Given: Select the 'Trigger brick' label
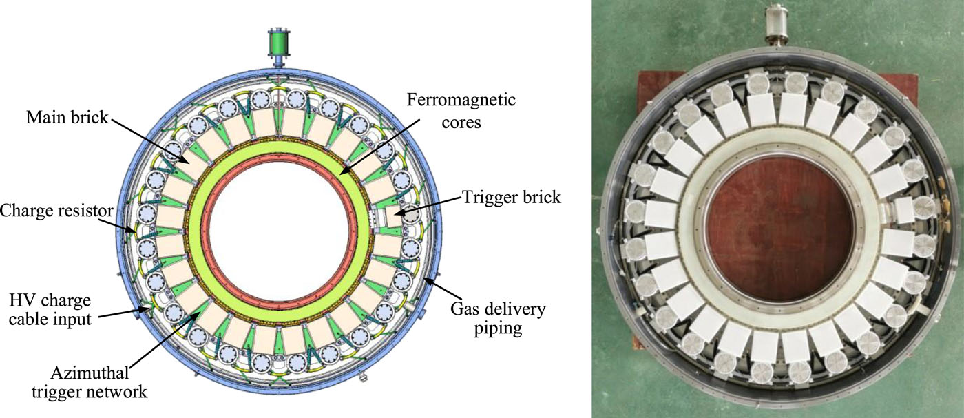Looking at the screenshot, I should point(509,198).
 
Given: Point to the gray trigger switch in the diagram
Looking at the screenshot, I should point(412,216).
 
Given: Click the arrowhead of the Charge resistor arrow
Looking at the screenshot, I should point(136,233).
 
